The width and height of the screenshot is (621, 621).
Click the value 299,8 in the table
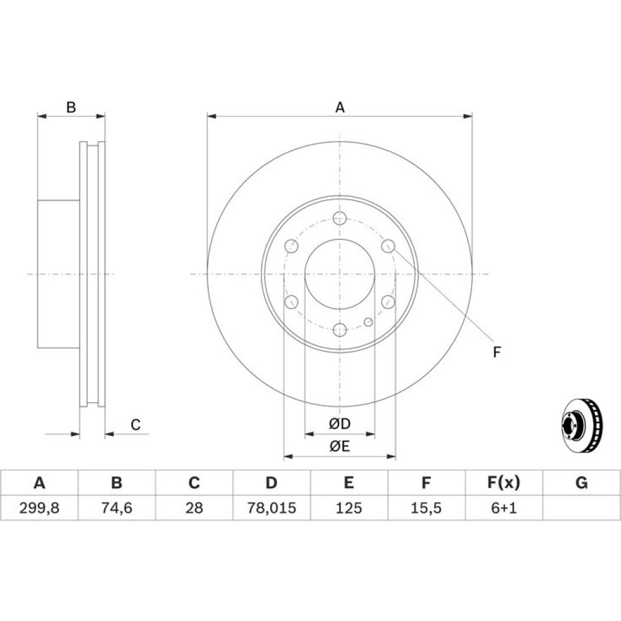[x=39, y=508]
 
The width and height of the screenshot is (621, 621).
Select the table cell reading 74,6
[x=117, y=508]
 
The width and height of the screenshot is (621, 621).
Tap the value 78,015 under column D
[x=271, y=508]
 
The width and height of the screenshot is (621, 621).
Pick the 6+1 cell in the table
[x=504, y=508]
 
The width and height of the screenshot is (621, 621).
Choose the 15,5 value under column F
[x=426, y=508]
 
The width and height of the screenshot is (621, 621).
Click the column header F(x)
[x=504, y=483]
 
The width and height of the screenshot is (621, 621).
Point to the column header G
[x=581, y=483]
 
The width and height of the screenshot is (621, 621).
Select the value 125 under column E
[x=348, y=508]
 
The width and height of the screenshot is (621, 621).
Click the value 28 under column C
[x=194, y=508]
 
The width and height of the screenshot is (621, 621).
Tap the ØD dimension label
[x=340, y=424]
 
